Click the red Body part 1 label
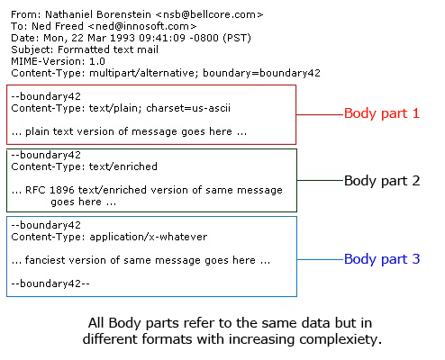coord(381,113)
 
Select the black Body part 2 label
coord(382,181)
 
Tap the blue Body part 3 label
coord(382,259)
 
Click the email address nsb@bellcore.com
coord(210,14)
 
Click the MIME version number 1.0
coord(97,61)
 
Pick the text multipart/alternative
coord(143,73)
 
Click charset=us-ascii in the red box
coord(188,108)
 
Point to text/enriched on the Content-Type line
coord(123,166)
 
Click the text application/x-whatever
coord(149,237)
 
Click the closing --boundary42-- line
coord(50,283)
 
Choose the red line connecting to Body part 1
coord(320,114)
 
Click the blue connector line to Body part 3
coord(321,259)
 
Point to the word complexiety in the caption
coord(341,339)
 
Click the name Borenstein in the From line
coord(124,14)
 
